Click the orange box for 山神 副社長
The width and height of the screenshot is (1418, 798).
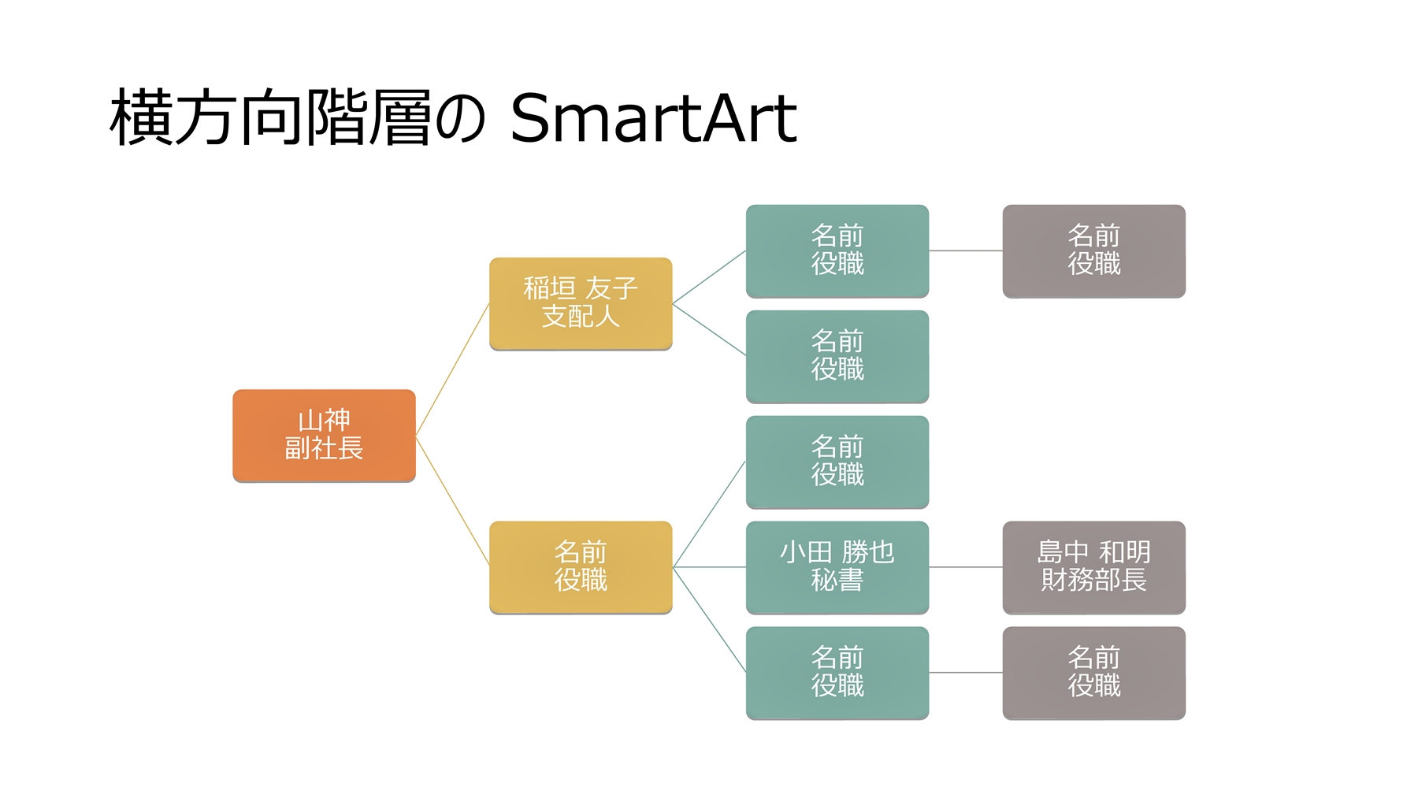pos(324,435)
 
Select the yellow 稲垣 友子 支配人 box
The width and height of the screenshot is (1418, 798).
pos(581,303)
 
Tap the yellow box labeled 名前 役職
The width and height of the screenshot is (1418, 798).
pos(581,566)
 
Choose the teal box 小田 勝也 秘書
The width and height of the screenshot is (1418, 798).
pos(837,566)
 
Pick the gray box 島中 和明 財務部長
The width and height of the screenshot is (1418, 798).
pos(1093,566)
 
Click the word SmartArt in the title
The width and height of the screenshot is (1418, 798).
pos(653,118)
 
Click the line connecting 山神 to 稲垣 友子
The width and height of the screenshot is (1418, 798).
pos(452,369)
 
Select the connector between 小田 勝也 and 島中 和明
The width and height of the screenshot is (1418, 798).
pos(966,567)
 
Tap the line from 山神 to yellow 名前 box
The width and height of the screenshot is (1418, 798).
pos(452,500)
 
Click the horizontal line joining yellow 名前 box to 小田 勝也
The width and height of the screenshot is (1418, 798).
pos(709,567)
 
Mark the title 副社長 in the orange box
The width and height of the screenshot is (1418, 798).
pos(324,449)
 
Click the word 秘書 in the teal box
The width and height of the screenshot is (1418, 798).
pos(837,581)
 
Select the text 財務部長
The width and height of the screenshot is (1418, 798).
pos(1093,581)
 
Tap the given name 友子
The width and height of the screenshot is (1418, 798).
pos(611,289)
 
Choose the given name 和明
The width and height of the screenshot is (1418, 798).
pos(1125,552)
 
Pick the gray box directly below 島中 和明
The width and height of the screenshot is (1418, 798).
pos(1093,672)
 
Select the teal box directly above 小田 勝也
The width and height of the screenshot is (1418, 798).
pos(837,462)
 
